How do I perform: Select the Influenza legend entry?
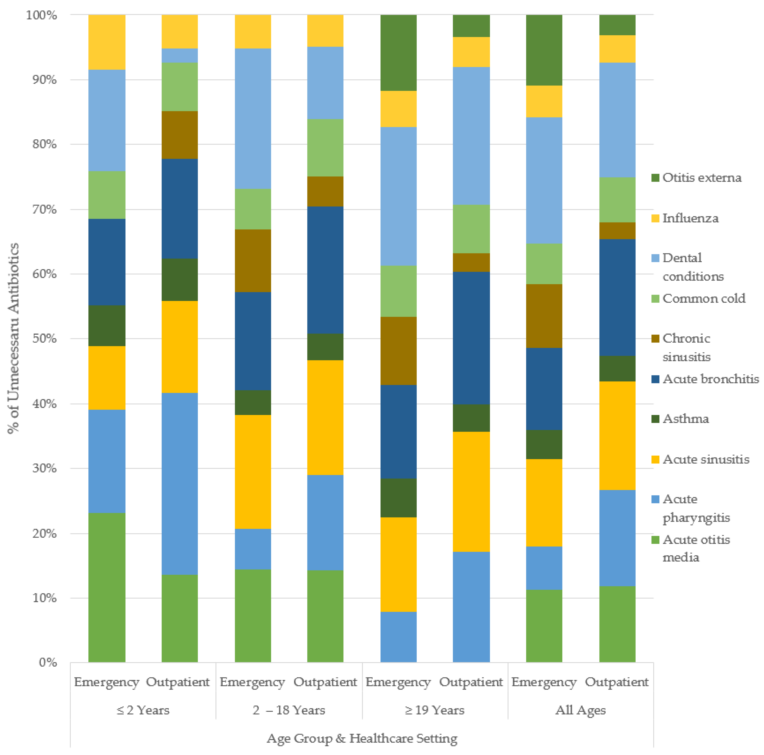(x=690, y=218)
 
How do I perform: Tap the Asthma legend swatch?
(x=655, y=418)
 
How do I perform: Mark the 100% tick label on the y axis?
(x=42, y=15)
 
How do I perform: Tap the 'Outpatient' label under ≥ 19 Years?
(x=471, y=682)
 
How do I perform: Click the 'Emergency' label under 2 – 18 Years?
(x=252, y=682)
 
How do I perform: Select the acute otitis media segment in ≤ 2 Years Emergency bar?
(x=107, y=587)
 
